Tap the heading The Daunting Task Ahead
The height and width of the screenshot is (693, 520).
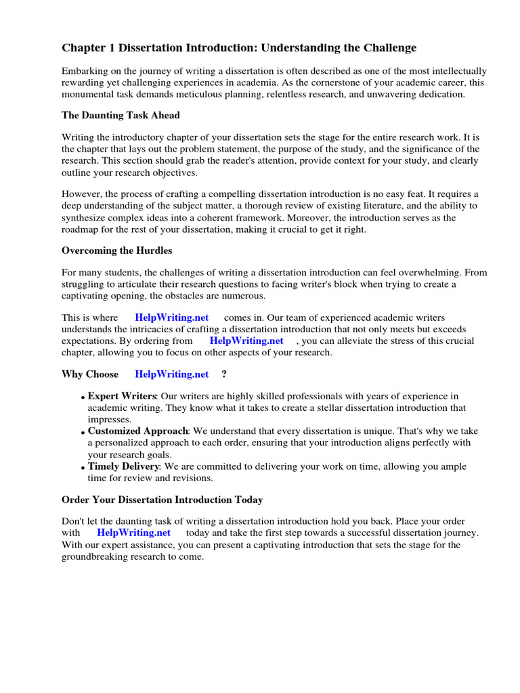tap(121, 116)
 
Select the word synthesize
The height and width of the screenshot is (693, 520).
tap(86, 219)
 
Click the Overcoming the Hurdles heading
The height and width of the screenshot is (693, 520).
tap(116, 250)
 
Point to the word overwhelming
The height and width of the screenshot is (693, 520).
tap(426, 273)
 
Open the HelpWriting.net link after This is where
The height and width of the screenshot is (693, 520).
tap(171, 317)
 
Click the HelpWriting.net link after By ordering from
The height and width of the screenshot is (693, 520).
tap(246, 340)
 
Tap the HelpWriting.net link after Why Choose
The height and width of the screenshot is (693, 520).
tap(171, 374)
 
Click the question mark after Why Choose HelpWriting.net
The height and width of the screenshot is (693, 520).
tap(224, 374)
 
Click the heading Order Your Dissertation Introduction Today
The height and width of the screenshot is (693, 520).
tap(162, 500)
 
